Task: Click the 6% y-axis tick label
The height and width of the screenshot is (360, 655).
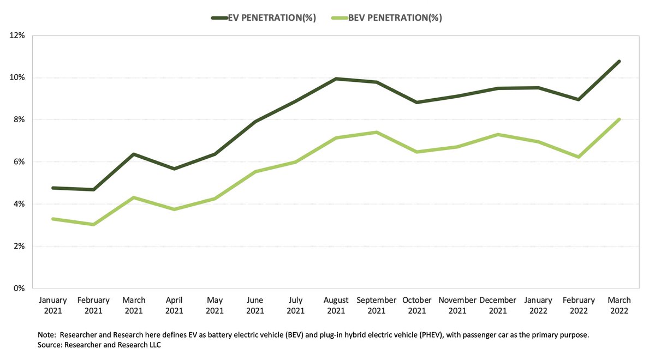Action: [20, 162]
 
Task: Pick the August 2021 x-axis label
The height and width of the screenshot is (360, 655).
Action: [336, 305]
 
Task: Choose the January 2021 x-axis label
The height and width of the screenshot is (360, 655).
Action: [53, 305]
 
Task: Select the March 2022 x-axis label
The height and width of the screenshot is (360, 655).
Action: [619, 305]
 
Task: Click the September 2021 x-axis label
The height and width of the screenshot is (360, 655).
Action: [376, 305]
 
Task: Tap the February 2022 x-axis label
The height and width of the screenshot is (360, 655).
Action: [579, 305]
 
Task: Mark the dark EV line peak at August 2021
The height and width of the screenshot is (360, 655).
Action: [336, 79]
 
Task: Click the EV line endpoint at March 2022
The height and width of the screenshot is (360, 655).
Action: [619, 62]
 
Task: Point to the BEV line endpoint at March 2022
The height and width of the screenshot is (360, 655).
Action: [619, 119]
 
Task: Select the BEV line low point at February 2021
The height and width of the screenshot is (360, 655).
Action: [93, 224]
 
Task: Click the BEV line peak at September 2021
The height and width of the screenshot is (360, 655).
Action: [377, 132]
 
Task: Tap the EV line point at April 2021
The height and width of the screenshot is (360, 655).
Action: [174, 169]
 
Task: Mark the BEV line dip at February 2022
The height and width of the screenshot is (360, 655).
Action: [579, 157]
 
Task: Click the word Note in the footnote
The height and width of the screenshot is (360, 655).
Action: [47, 335]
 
